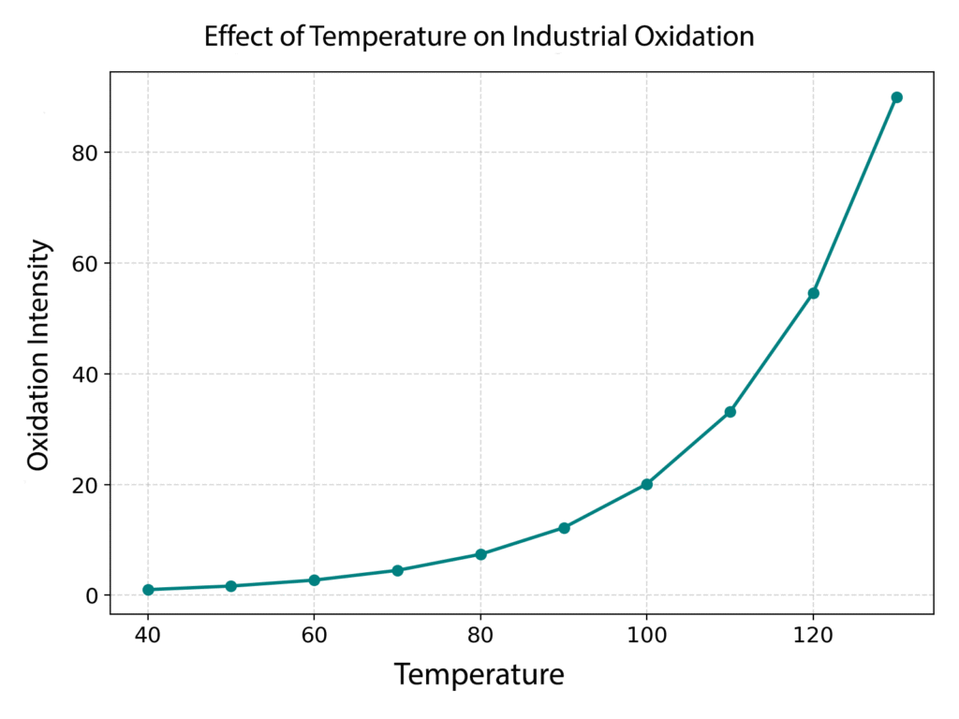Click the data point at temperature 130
click(x=896, y=97)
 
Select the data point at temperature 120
click(x=813, y=293)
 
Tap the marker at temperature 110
click(x=730, y=412)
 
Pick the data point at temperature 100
click(x=647, y=484)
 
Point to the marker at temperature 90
click(x=564, y=528)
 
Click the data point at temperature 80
click(x=480, y=554)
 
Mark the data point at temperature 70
click(x=397, y=570)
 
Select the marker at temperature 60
click(x=314, y=580)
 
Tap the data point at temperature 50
click(x=230, y=586)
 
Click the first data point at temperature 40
click(x=148, y=590)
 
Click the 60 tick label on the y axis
click(x=85, y=263)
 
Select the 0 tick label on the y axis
click(x=92, y=595)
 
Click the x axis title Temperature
click(x=479, y=674)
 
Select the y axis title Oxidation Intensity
click(x=38, y=356)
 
